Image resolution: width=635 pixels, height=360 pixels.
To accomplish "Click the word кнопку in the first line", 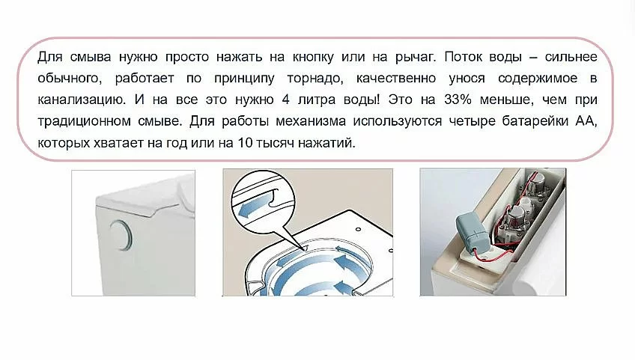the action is [x=313, y=57].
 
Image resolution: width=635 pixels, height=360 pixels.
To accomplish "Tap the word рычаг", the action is [x=416, y=57].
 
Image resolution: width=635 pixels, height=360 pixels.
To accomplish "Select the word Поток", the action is [x=463, y=57].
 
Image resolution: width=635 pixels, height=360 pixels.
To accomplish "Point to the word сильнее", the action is [x=571, y=57].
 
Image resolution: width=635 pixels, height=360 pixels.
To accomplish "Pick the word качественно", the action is [x=396, y=78].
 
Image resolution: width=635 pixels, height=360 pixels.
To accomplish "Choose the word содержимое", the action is [x=538, y=79].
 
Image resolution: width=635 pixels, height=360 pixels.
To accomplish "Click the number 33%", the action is [x=458, y=100].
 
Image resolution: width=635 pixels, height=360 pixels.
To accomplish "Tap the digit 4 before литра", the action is [x=286, y=100].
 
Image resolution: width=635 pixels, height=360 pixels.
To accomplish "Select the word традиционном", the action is [x=84, y=121].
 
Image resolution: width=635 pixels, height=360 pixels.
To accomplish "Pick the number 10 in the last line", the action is [x=245, y=143].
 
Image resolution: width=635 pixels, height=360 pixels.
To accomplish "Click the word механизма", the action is [x=311, y=121].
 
